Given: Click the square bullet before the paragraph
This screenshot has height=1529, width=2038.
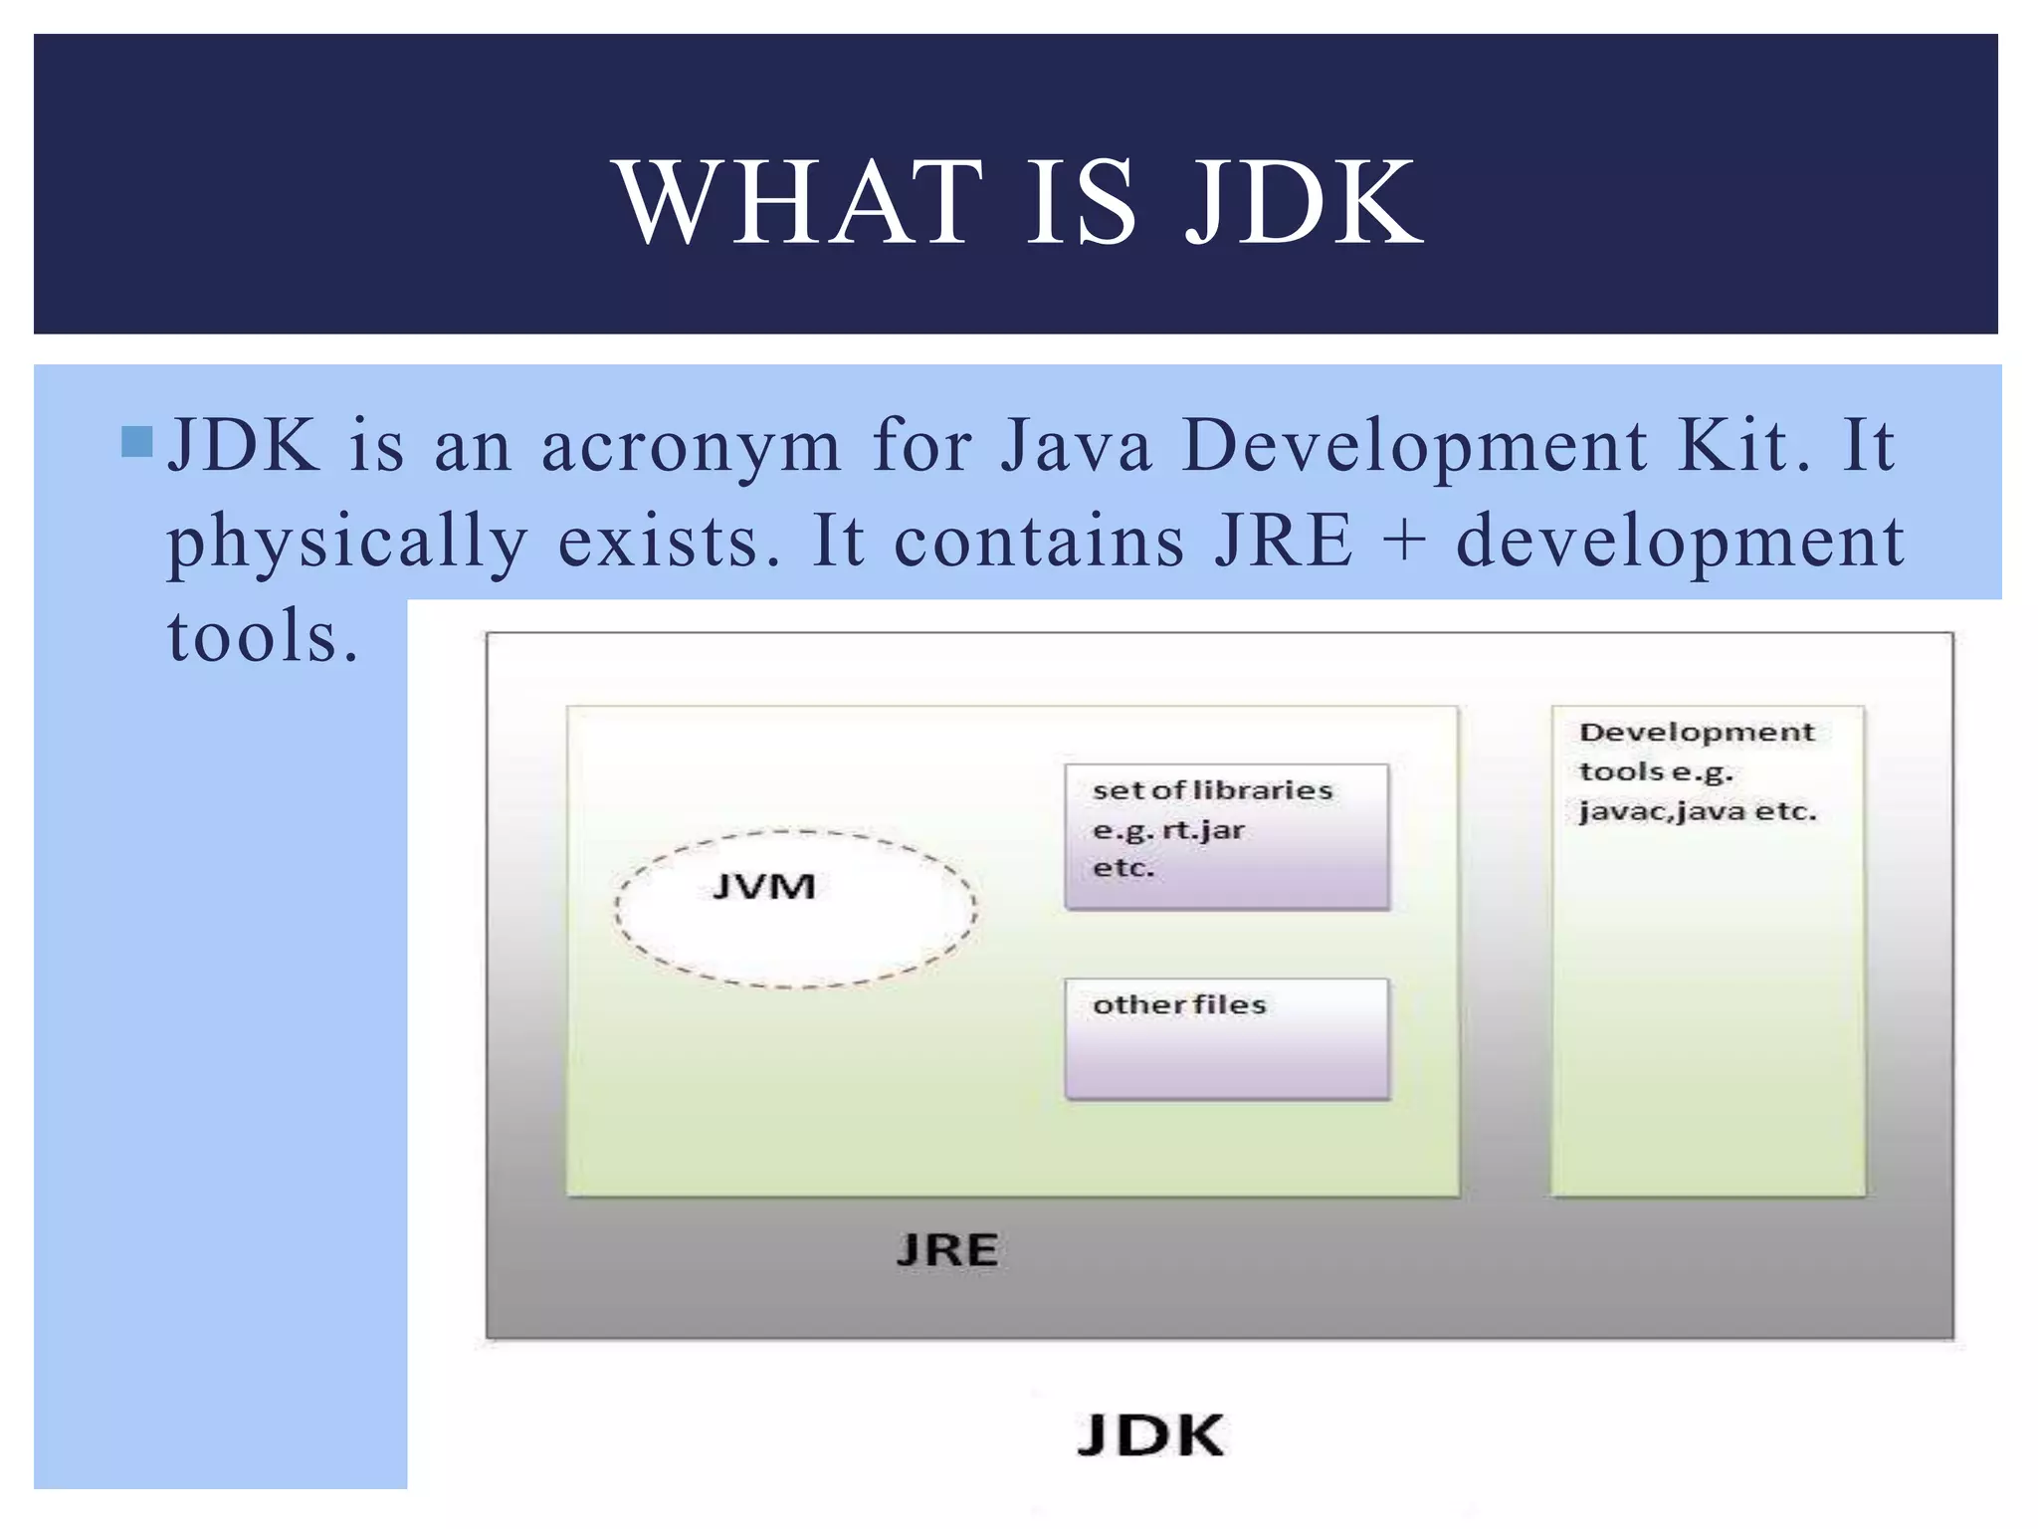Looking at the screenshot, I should [x=136, y=442].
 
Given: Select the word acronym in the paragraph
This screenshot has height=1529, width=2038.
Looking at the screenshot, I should [x=691, y=446].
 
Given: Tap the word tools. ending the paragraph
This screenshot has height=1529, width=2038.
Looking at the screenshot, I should [x=262, y=637].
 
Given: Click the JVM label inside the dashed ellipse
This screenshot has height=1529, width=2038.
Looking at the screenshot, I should [x=764, y=886].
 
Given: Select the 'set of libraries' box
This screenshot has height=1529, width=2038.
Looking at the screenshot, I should [x=1226, y=836].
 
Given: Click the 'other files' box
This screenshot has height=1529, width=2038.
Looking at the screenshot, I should [x=1226, y=1038].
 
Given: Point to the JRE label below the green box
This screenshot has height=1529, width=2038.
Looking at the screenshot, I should [x=946, y=1250].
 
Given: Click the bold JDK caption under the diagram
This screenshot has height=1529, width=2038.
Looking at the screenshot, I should [x=1150, y=1435].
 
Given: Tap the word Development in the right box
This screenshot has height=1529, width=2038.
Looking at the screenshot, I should [x=1697, y=733].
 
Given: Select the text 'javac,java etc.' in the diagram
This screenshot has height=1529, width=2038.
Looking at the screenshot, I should [x=1697, y=812].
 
